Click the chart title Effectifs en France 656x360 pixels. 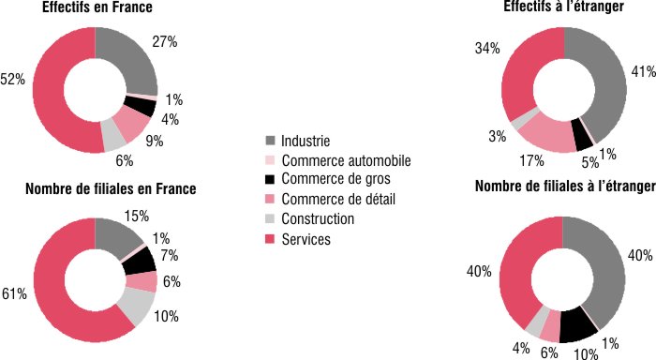97,8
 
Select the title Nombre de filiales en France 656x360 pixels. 110,189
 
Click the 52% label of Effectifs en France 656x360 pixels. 12,81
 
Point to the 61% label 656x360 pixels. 14,294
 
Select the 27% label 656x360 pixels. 165,42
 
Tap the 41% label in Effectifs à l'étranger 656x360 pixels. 642,71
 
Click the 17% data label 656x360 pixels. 512,160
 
